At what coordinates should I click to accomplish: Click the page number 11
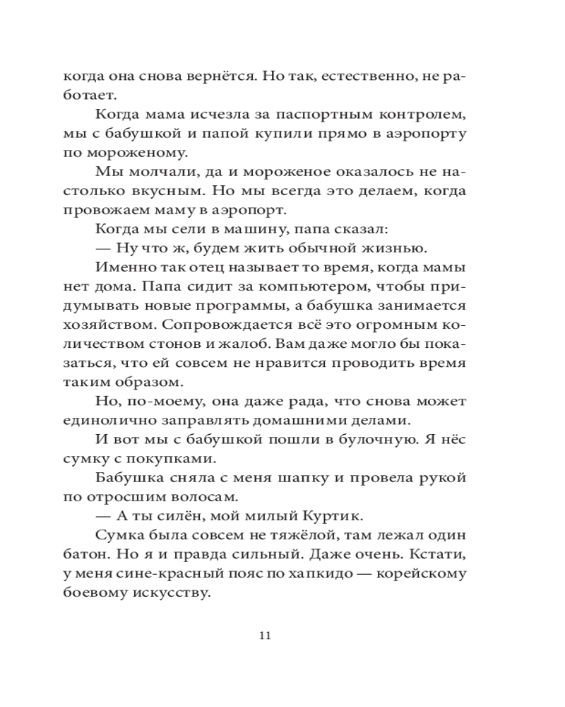click(265, 634)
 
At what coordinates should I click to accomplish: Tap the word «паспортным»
click(283, 115)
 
